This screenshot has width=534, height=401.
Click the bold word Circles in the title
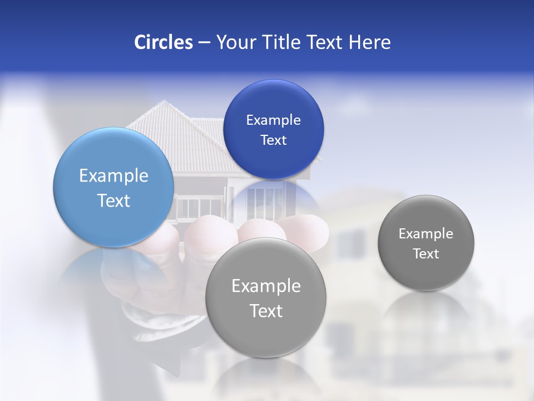pyautogui.click(x=164, y=42)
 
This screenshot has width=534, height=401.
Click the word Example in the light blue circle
pyautogui.click(x=113, y=176)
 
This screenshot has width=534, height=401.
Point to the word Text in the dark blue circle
pyautogui.click(x=273, y=140)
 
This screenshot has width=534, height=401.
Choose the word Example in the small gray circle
pyautogui.click(x=426, y=234)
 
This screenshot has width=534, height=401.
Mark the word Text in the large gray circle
pyautogui.click(x=266, y=311)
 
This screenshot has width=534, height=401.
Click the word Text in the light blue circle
pyautogui.click(x=113, y=200)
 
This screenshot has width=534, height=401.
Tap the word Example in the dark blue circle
pyautogui.click(x=273, y=120)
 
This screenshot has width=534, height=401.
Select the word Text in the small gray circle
pyautogui.click(x=426, y=254)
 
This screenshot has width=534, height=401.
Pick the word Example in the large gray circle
pyautogui.click(x=266, y=286)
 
